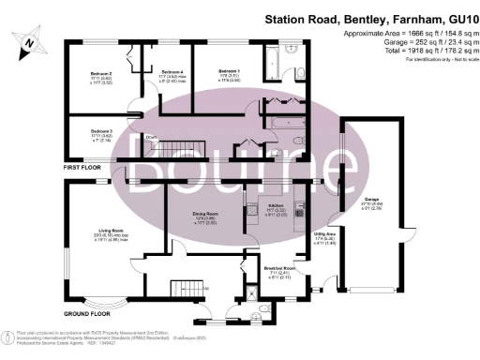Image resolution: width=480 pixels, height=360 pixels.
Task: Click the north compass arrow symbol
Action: point(30,40)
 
